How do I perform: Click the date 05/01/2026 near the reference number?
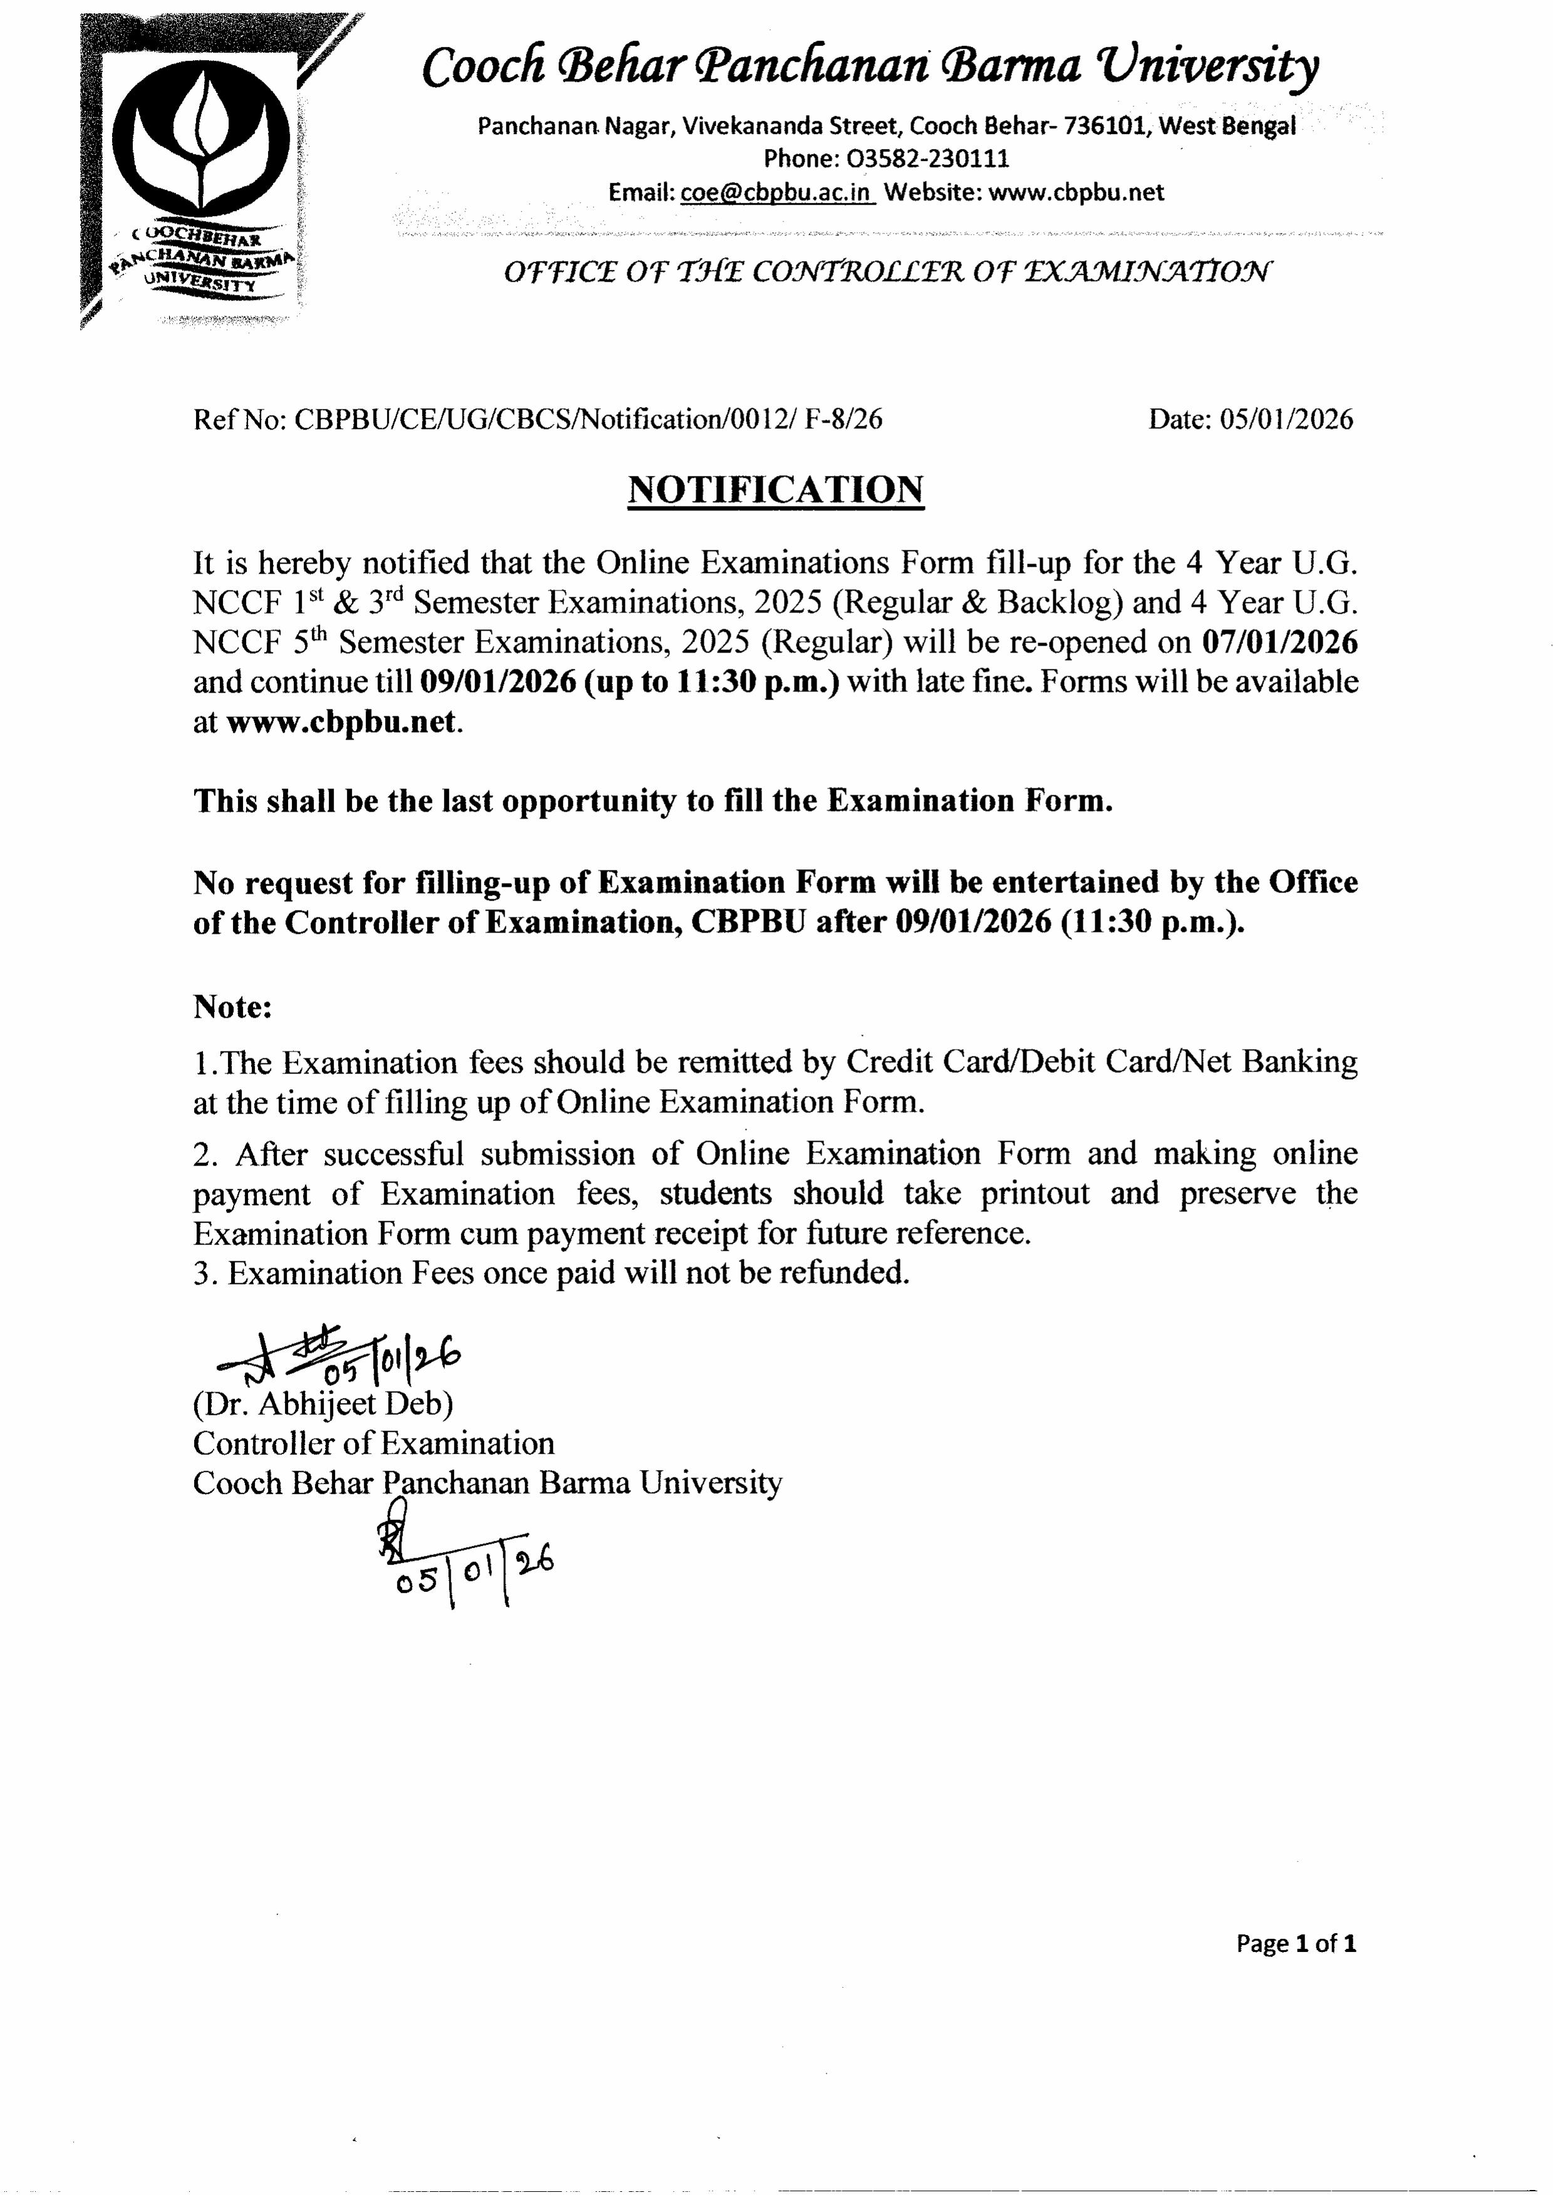pos(1286,419)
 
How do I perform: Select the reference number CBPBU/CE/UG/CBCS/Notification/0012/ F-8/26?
pos(587,419)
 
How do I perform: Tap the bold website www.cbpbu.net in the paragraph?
pos(341,721)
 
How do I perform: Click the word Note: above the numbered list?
pos(234,1006)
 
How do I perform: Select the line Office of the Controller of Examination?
pos(887,272)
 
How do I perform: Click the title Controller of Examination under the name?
pos(373,1444)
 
